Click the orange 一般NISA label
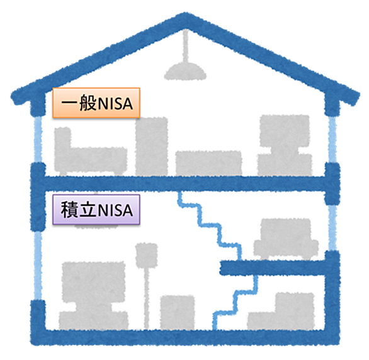point(96,103)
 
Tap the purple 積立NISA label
point(96,210)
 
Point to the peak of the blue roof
point(185,14)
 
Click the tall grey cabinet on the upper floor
point(152,147)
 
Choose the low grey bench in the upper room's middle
point(208,163)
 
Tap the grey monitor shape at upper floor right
point(285,145)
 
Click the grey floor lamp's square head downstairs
point(146,256)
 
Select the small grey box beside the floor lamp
point(178,313)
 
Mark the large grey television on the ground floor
point(94,296)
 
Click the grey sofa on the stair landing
point(286,239)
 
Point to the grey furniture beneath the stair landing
point(281,312)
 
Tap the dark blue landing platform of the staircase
point(273,268)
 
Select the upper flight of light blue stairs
point(210,226)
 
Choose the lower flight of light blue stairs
point(236,303)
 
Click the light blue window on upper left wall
point(38,139)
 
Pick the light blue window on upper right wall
point(332,139)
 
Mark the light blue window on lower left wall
point(38,265)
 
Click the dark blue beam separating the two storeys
point(185,183)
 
